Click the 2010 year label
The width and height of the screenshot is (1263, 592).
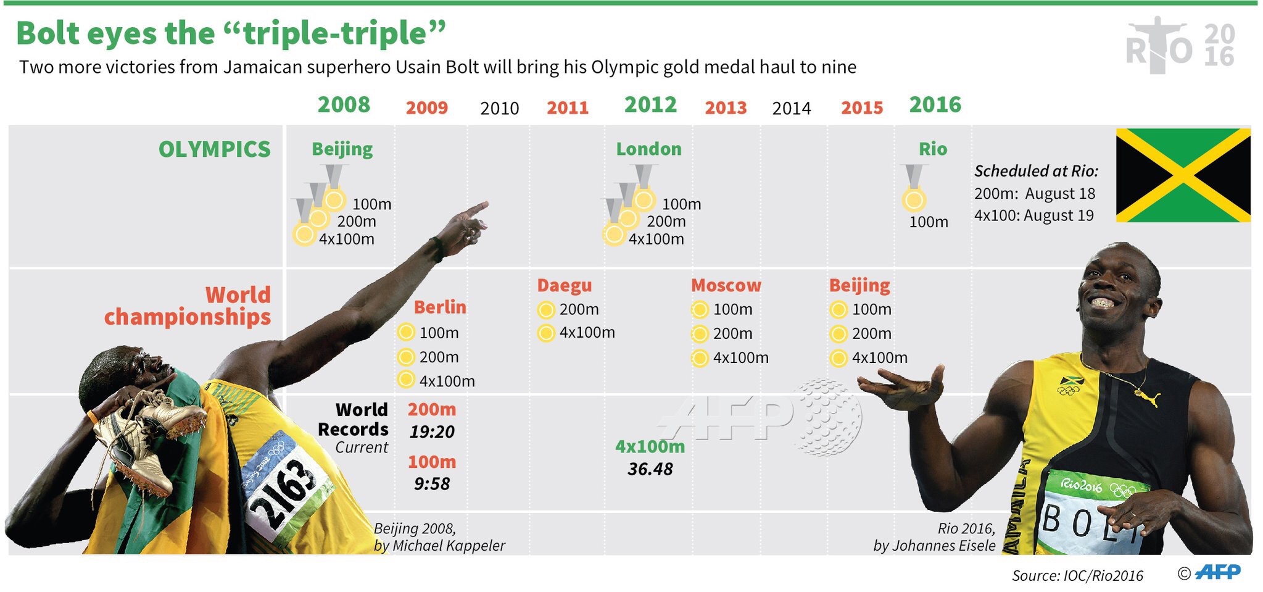(x=499, y=109)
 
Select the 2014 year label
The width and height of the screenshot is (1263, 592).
(x=791, y=109)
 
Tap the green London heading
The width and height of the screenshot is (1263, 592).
(x=648, y=149)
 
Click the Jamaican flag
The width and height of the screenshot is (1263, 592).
(x=1183, y=175)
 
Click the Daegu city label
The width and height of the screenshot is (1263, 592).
(x=564, y=285)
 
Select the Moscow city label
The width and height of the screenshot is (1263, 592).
(x=726, y=285)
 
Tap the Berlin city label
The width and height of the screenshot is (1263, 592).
(x=440, y=307)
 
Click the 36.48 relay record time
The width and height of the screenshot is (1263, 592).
(x=650, y=469)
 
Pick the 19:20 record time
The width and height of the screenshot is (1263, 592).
(x=432, y=432)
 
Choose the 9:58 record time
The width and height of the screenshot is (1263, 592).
(x=432, y=484)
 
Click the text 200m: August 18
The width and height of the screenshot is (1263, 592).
(x=1035, y=194)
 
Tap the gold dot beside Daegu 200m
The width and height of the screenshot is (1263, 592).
(x=545, y=310)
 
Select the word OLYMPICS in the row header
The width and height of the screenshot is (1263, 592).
(x=214, y=149)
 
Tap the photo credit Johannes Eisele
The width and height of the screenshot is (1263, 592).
(x=934, y=546)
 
